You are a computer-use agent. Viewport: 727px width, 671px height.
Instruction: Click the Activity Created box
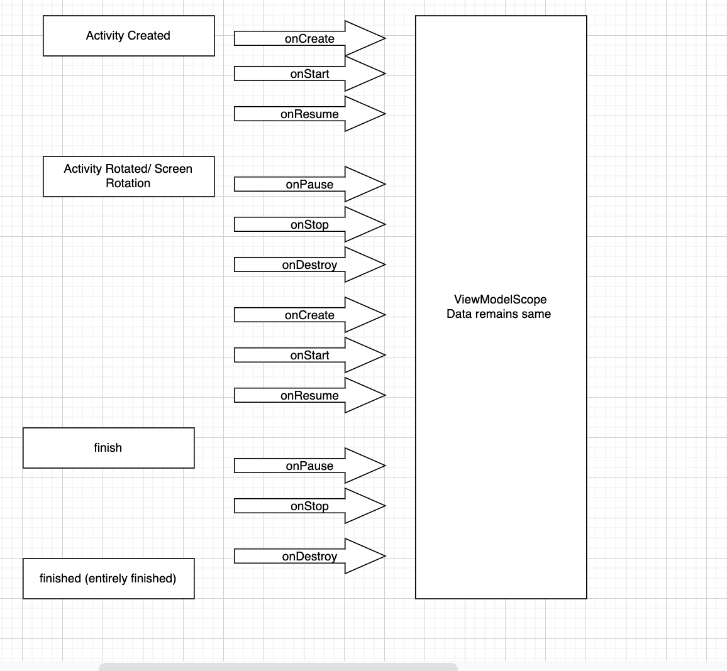[x=128, y=36]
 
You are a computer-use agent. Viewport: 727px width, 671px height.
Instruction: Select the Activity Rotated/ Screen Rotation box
[x=128, y=176]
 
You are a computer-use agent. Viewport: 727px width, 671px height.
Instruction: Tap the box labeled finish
[x=108, y=448]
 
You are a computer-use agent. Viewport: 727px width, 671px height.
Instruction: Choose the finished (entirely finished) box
[x=108, y=579]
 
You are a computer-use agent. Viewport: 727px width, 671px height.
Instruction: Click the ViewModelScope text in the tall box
[x=500, y=300]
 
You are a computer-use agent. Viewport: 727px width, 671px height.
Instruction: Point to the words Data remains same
[x=499, y=314]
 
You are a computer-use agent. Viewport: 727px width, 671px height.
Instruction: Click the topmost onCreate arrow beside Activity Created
[x=309, y=38]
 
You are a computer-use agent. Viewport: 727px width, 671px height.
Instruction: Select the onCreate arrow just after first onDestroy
[x=309, y=315]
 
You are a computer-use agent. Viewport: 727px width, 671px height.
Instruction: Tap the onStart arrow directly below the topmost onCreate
[x=309, y=74]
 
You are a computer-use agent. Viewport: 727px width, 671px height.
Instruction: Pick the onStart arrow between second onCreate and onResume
[x=309, y=355]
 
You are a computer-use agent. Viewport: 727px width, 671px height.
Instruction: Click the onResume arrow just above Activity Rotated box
[x=309, y=114]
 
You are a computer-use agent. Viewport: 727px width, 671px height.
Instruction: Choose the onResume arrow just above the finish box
[x=309, y=395]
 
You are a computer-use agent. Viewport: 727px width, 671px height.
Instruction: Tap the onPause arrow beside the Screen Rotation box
[x=309, y=184]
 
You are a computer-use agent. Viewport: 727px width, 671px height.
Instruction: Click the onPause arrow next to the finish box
[x=309, y=466]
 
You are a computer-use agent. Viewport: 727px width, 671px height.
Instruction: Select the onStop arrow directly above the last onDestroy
[x=309, y=506]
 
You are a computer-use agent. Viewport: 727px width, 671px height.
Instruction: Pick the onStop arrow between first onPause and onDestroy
[x=309, y=224]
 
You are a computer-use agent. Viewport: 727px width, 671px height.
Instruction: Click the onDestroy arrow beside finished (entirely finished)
[x=309, y=556]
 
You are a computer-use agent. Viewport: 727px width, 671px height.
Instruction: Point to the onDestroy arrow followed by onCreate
[x=309, y=265]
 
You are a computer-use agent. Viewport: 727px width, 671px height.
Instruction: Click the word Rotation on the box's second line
[x=128, y=183]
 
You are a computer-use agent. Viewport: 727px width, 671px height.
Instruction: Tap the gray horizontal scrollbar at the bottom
[x=277, y=667]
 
